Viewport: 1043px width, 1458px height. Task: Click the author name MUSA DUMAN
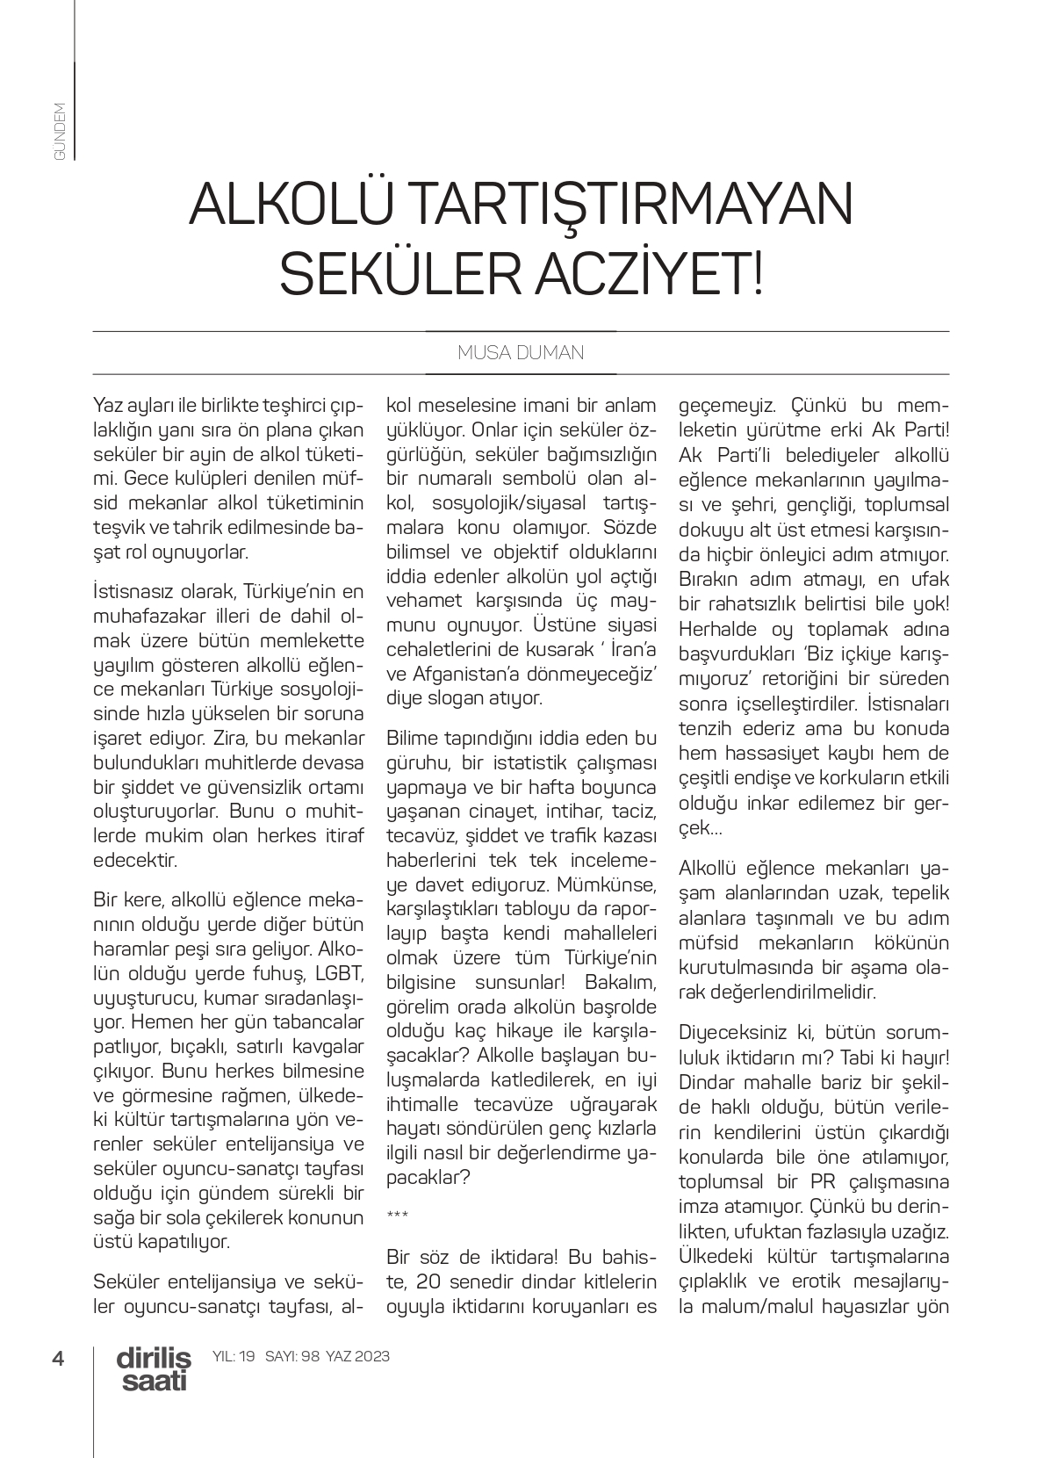521,353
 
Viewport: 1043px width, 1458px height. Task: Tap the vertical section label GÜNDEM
60,131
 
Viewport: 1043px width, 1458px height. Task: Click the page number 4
59,1359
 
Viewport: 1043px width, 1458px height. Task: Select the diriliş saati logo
154,1369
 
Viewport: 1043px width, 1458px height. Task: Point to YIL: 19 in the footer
234,1356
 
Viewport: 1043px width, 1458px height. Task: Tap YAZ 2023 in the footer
357,1356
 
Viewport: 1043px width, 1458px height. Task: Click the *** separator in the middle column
397,1216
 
